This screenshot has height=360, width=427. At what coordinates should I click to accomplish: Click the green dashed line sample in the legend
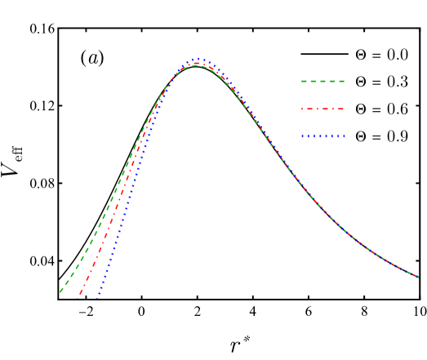[x=322, y=82]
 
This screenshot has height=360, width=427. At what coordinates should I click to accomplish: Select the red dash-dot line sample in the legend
[x=322, y=109]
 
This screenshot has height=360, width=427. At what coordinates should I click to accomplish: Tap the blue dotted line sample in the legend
[x=322, y=137]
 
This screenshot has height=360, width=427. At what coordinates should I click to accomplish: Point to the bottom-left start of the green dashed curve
[x=60, y=291]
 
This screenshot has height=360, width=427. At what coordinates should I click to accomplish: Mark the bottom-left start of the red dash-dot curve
[x=78, y=298]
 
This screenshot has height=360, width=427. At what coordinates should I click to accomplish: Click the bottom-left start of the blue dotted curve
[x=97, y=298]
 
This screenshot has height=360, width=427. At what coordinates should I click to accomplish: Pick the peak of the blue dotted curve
[x=198, y=59]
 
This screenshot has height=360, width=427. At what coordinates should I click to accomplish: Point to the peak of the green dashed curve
[x=198, y=65]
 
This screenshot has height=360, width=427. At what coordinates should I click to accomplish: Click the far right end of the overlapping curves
[x=418, y=278]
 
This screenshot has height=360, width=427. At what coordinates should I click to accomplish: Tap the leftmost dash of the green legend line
[x=305, y=82]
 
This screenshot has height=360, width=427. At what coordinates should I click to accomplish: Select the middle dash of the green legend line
[x=322, y=82]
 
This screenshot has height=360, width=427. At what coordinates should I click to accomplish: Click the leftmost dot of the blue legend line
[x=302, y=137]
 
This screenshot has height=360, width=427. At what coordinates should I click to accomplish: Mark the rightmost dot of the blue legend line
[x=344, y=137]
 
